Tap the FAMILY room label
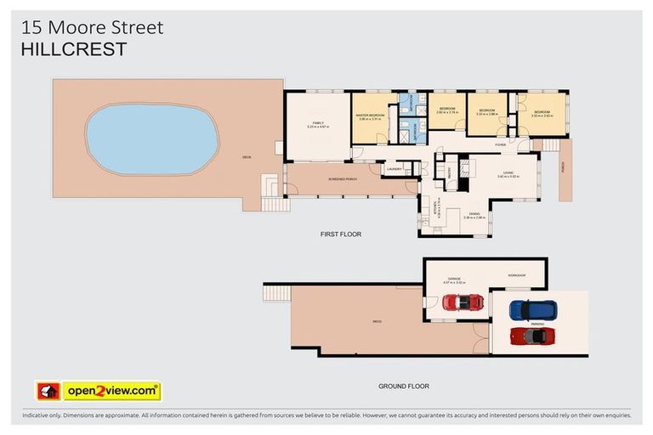(317, 123)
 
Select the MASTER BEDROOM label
(371, 116)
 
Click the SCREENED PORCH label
(342, 180)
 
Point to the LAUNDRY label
(394, 169)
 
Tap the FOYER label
(501, 145)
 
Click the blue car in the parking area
(532, 309)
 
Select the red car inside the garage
(463, 302)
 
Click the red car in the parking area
(533, 336)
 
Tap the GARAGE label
(454, 278)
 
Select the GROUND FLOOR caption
(403, 386)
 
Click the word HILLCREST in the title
(73, 49)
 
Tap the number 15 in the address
(31, 27)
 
